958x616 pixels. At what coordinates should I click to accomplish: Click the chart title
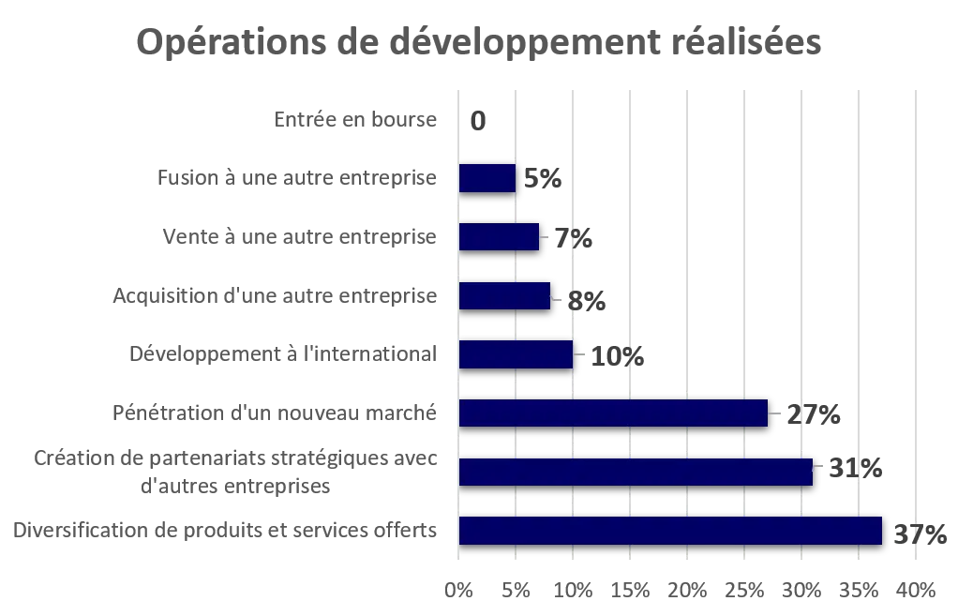click(480, 44)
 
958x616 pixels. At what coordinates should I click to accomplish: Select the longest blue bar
click(670, 530)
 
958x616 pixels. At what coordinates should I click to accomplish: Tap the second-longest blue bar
click(636, 472)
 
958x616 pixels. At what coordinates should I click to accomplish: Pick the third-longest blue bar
click(613, 413)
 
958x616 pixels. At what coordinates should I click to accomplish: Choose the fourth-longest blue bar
click(516, 354)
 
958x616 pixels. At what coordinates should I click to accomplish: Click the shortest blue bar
click(487, 178)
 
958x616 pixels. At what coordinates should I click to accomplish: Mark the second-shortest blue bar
click(500, 236)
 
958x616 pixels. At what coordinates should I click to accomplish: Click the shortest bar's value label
click(543, 176)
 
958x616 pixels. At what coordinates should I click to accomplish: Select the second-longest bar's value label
click(853, 469)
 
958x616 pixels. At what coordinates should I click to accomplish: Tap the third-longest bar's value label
click(813, 414)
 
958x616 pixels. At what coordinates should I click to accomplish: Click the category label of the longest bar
click(224, 530)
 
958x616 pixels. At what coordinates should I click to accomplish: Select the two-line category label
click(235, 472)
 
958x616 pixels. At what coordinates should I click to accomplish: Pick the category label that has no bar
click(355, 119)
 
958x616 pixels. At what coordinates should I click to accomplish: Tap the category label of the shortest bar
click(299, 178)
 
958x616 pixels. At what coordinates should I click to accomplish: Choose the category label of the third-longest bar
click(277, 413)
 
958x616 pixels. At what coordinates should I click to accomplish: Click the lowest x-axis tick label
click(458, 589)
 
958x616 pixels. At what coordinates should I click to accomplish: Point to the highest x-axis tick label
click(916, 589)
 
